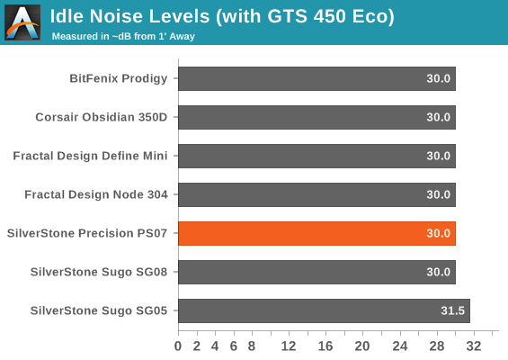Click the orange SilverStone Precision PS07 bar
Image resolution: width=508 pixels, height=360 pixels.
pyautogui.click(x=316, y=233)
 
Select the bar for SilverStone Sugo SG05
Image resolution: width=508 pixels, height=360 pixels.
pyautogui.click(x=324, y=311)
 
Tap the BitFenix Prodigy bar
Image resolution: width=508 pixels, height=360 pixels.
pyautogui.click(x=316, y=79)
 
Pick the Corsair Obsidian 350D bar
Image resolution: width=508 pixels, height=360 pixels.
pyautogui.click(x=316, y=117)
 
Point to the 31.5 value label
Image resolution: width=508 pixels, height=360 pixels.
pyautogui.click(x=452, y=310)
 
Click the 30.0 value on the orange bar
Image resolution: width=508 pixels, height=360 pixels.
pyautogui.click(x=439, y=233)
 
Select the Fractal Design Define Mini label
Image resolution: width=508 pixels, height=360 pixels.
pyautogui.click(x=90, y=156)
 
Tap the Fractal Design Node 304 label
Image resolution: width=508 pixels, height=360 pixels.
pyautogui.click(x=96, y=194)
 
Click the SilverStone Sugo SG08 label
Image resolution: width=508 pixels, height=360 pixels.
pyautogui.click(x=99, y=272)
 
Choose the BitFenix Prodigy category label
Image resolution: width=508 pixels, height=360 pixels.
pyautogui.click(x=119, y=79)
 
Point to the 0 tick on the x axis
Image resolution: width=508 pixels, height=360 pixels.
pyautogui.click(x=178, y=346)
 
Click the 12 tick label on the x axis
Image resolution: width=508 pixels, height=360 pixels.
pyautogui.click(x=289, y=346)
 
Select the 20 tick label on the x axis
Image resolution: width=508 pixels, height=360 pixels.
pyautogui.click(x=362, y=346)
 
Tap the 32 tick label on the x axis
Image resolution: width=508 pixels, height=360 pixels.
pyautogui.click(x=474, y=346)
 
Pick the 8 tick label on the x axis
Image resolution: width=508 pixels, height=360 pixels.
pyautogui.click(x=252, y=346)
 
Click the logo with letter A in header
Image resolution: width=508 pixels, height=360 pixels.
pyautogui.click(x=22, y=22)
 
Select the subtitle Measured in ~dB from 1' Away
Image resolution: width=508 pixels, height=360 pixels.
pyautogui.click(x=123, y=36)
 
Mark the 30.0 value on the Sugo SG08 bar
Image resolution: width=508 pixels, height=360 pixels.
pyautogui.click(x=439, y=272)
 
